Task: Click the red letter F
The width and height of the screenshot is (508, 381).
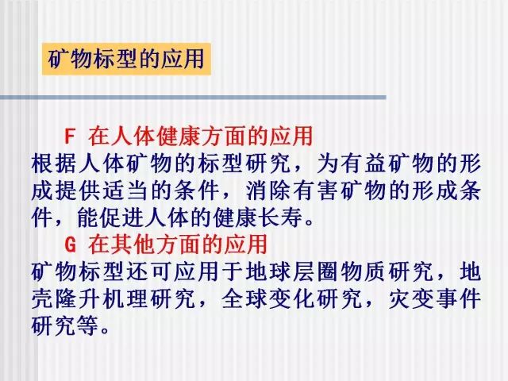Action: (70, 136)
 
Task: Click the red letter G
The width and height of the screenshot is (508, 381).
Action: (70, 244)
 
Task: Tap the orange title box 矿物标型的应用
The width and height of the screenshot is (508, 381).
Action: (126, 59)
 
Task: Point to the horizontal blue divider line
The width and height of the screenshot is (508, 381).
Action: (193, 97)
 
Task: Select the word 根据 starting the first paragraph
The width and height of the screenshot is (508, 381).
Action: (55, 164)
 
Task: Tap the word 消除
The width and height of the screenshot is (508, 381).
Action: (269, 190)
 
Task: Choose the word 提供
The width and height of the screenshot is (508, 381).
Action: (79, 190)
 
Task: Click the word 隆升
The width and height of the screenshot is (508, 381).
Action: (79, 298)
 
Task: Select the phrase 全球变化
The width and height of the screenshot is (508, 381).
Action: (269, 298)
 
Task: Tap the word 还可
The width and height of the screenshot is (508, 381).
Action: (150, 271)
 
